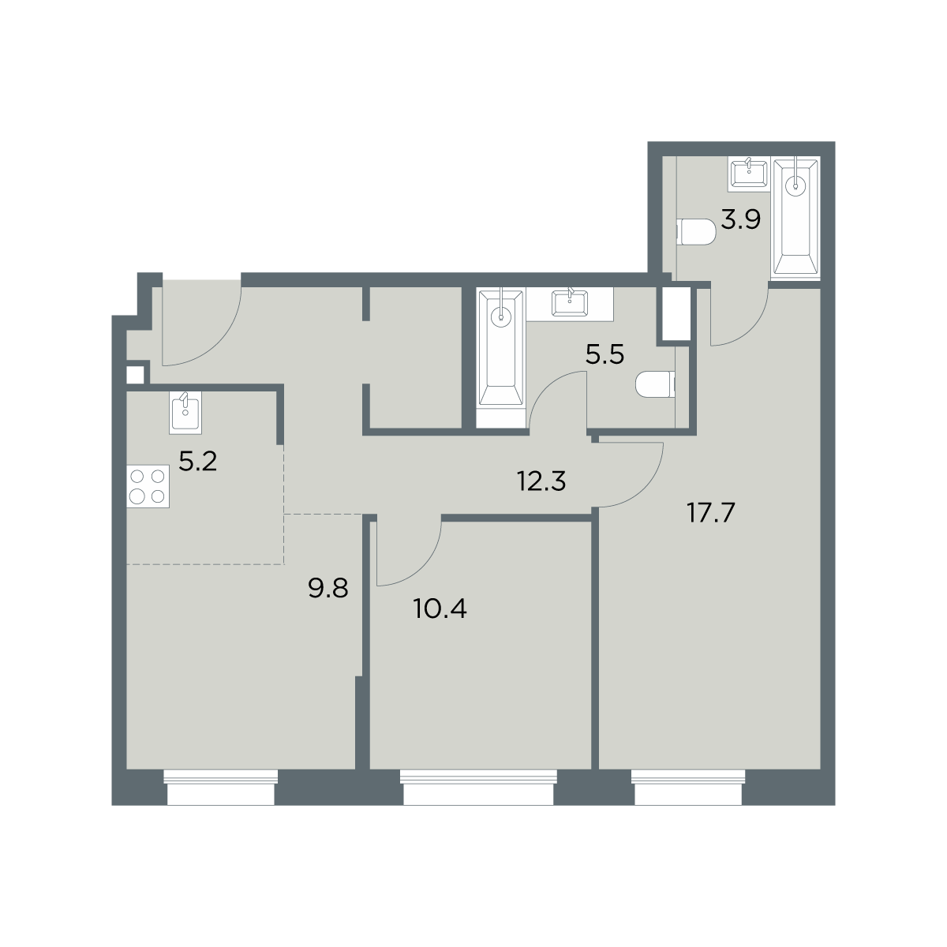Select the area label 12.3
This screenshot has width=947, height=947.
click(541, 481)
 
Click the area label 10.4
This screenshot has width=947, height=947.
click(440, 609)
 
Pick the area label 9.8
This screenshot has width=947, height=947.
click(328, 588)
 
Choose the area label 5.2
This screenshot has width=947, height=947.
click(197, 462)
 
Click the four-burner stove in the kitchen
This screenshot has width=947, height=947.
click(148, 486)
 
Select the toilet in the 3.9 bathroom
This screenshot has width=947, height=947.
click(696, 232)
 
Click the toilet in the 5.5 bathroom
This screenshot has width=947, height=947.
click(655, 384)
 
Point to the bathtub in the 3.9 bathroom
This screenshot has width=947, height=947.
click(795, 218)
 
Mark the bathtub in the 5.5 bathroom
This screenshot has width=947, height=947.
click(501, 357)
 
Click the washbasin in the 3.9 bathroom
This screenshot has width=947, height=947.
click(747, 174)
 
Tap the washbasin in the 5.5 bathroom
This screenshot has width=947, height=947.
click(570, 303)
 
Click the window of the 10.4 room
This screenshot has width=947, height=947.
click(478, 787)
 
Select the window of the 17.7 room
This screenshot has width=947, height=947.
click(687, 787)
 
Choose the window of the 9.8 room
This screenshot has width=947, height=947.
click(221, 787)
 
